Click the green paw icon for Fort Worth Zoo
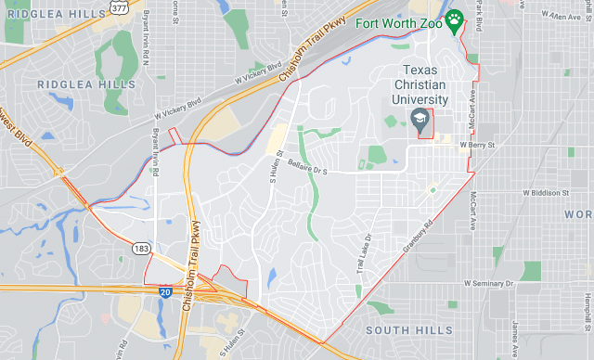click(x=455, y=19)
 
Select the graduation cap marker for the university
click(x=421, y=120)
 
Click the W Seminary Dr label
click(x=488, y=283)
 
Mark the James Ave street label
click(x=513, y=330)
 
